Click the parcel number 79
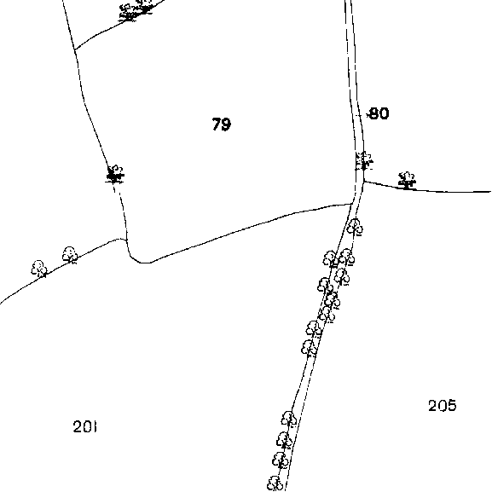[x=222, y=124]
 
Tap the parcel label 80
[x=379, y=113]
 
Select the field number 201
[x=84, y=426]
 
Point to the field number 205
[x=443, y=405]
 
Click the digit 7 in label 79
[x=217, y=124]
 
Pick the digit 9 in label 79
[x=227, y=124]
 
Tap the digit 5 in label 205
[x=452, y=406]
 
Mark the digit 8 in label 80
[x=373, y=113]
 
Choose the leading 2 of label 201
[x=78, y=426]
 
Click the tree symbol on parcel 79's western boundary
[x=115, y=174]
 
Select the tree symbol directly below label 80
[x=364, y=160]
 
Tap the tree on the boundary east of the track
[x=407, y=181]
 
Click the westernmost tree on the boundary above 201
[x=39, y=269]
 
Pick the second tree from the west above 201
[x=70, y=254]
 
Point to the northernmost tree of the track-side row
[x=355, y=227]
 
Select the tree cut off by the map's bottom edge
[x=275, y=483]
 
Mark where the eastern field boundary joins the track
[x=363, y=181]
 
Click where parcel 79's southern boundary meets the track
[x=352, y=204]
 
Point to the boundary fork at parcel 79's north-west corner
[x=75, y=49]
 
